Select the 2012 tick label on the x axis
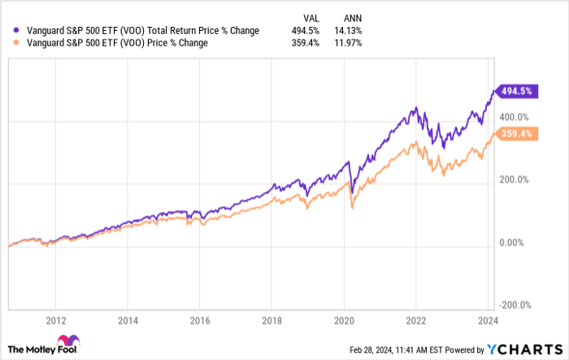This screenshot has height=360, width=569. click(56, 320)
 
